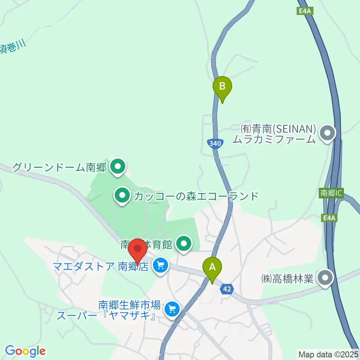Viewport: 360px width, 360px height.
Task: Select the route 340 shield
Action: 215,143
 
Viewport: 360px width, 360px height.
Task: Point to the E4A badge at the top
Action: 305,12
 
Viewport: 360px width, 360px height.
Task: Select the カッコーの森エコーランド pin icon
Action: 122,195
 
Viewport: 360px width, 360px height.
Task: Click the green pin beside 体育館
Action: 183,245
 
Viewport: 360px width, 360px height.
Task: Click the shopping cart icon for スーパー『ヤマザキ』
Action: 172,309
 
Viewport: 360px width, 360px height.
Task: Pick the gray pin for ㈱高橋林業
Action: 325,278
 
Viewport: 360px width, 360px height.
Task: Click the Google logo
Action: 25,351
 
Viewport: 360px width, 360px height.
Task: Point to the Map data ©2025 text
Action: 328,354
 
